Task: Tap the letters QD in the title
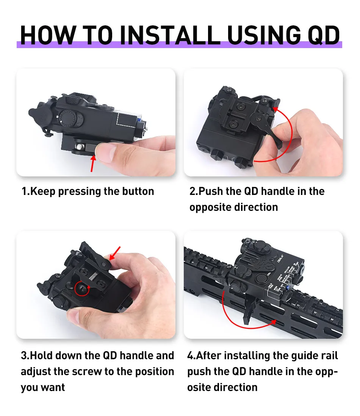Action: coord(324,36)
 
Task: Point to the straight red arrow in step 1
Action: coord(93,164)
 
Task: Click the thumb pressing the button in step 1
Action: coord(106,152)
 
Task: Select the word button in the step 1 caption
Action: coord(138,191)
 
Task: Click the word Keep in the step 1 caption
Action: coord(43,192)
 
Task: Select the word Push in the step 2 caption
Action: coord(210,191)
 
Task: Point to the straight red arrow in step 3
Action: coord(115,253)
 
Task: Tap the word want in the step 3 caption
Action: coord(53,388)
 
